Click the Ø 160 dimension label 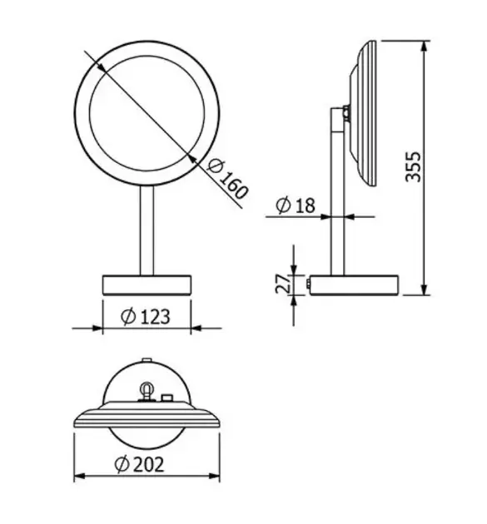(x=228, y=180)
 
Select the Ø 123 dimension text (x=146, y=316)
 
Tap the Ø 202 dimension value (x=139, y=464)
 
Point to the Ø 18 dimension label (x=296, y=205)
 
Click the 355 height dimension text (x=413, y=166)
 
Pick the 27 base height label (x=283, y=284)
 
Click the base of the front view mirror (x=147, y=285)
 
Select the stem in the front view (x=147, y=230)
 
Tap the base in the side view (x=354, y=285)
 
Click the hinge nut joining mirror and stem (x=345, y=113)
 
